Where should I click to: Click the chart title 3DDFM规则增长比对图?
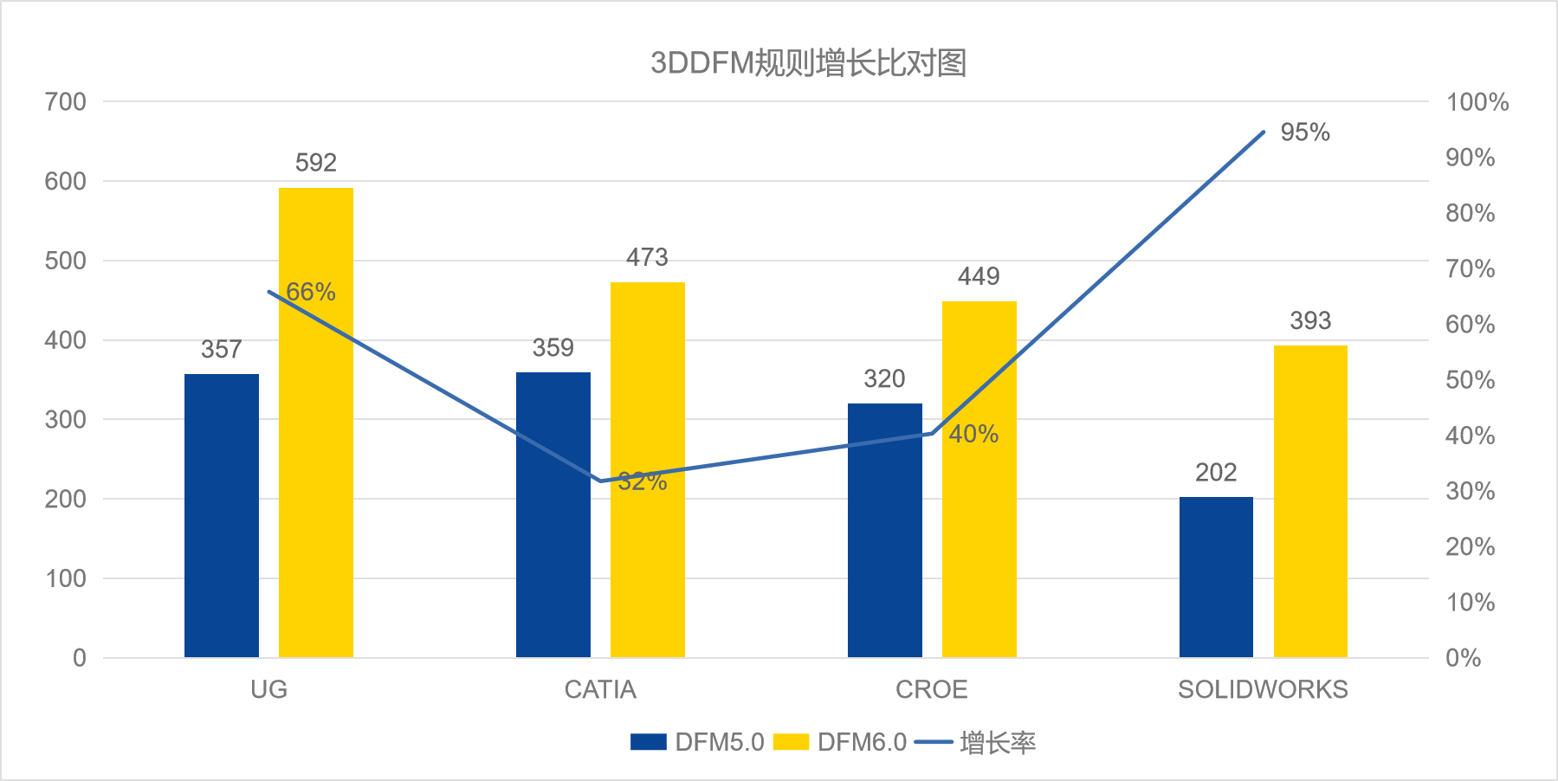[x=808, y=63]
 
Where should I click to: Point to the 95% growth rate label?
[x=1304, y=132]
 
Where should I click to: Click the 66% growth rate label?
[x=311, y=292]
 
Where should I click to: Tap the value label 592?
[x=316, y=163]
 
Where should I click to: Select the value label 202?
[x=1216, y=473]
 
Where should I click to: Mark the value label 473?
[x=647, y=257]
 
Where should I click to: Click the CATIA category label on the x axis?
[x=600, y=689]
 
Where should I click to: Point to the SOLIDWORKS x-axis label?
[x=1263, y=689]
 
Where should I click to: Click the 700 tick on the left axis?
[x=66, y=102]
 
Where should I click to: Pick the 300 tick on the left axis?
[x=66, y=420]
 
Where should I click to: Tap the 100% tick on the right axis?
[x=1477, y=102]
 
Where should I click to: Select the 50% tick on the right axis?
[x=1470, y=380]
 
